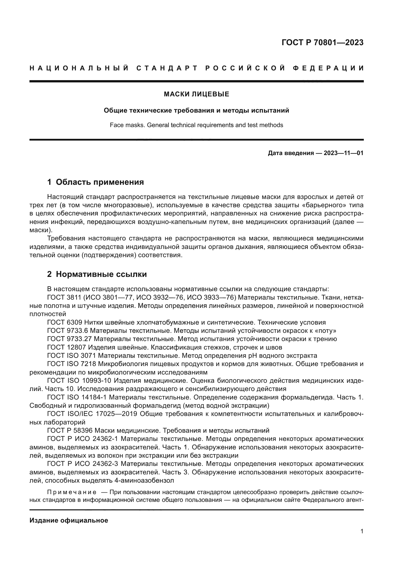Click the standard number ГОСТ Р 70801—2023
pyautogui.click(x=322, y=42)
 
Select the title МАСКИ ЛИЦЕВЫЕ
pyautogui.click(x=196, y=94)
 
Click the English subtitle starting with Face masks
pyautogui.click(x=196, y=125)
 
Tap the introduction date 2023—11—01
pyautogui.click(x=343, y=153)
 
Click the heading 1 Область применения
pyautogui.click(x=96, y=182)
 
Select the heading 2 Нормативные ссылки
pyautogui.click(x=97, y=274)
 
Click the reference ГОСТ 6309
pyautogui.click(x=65, y=323)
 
